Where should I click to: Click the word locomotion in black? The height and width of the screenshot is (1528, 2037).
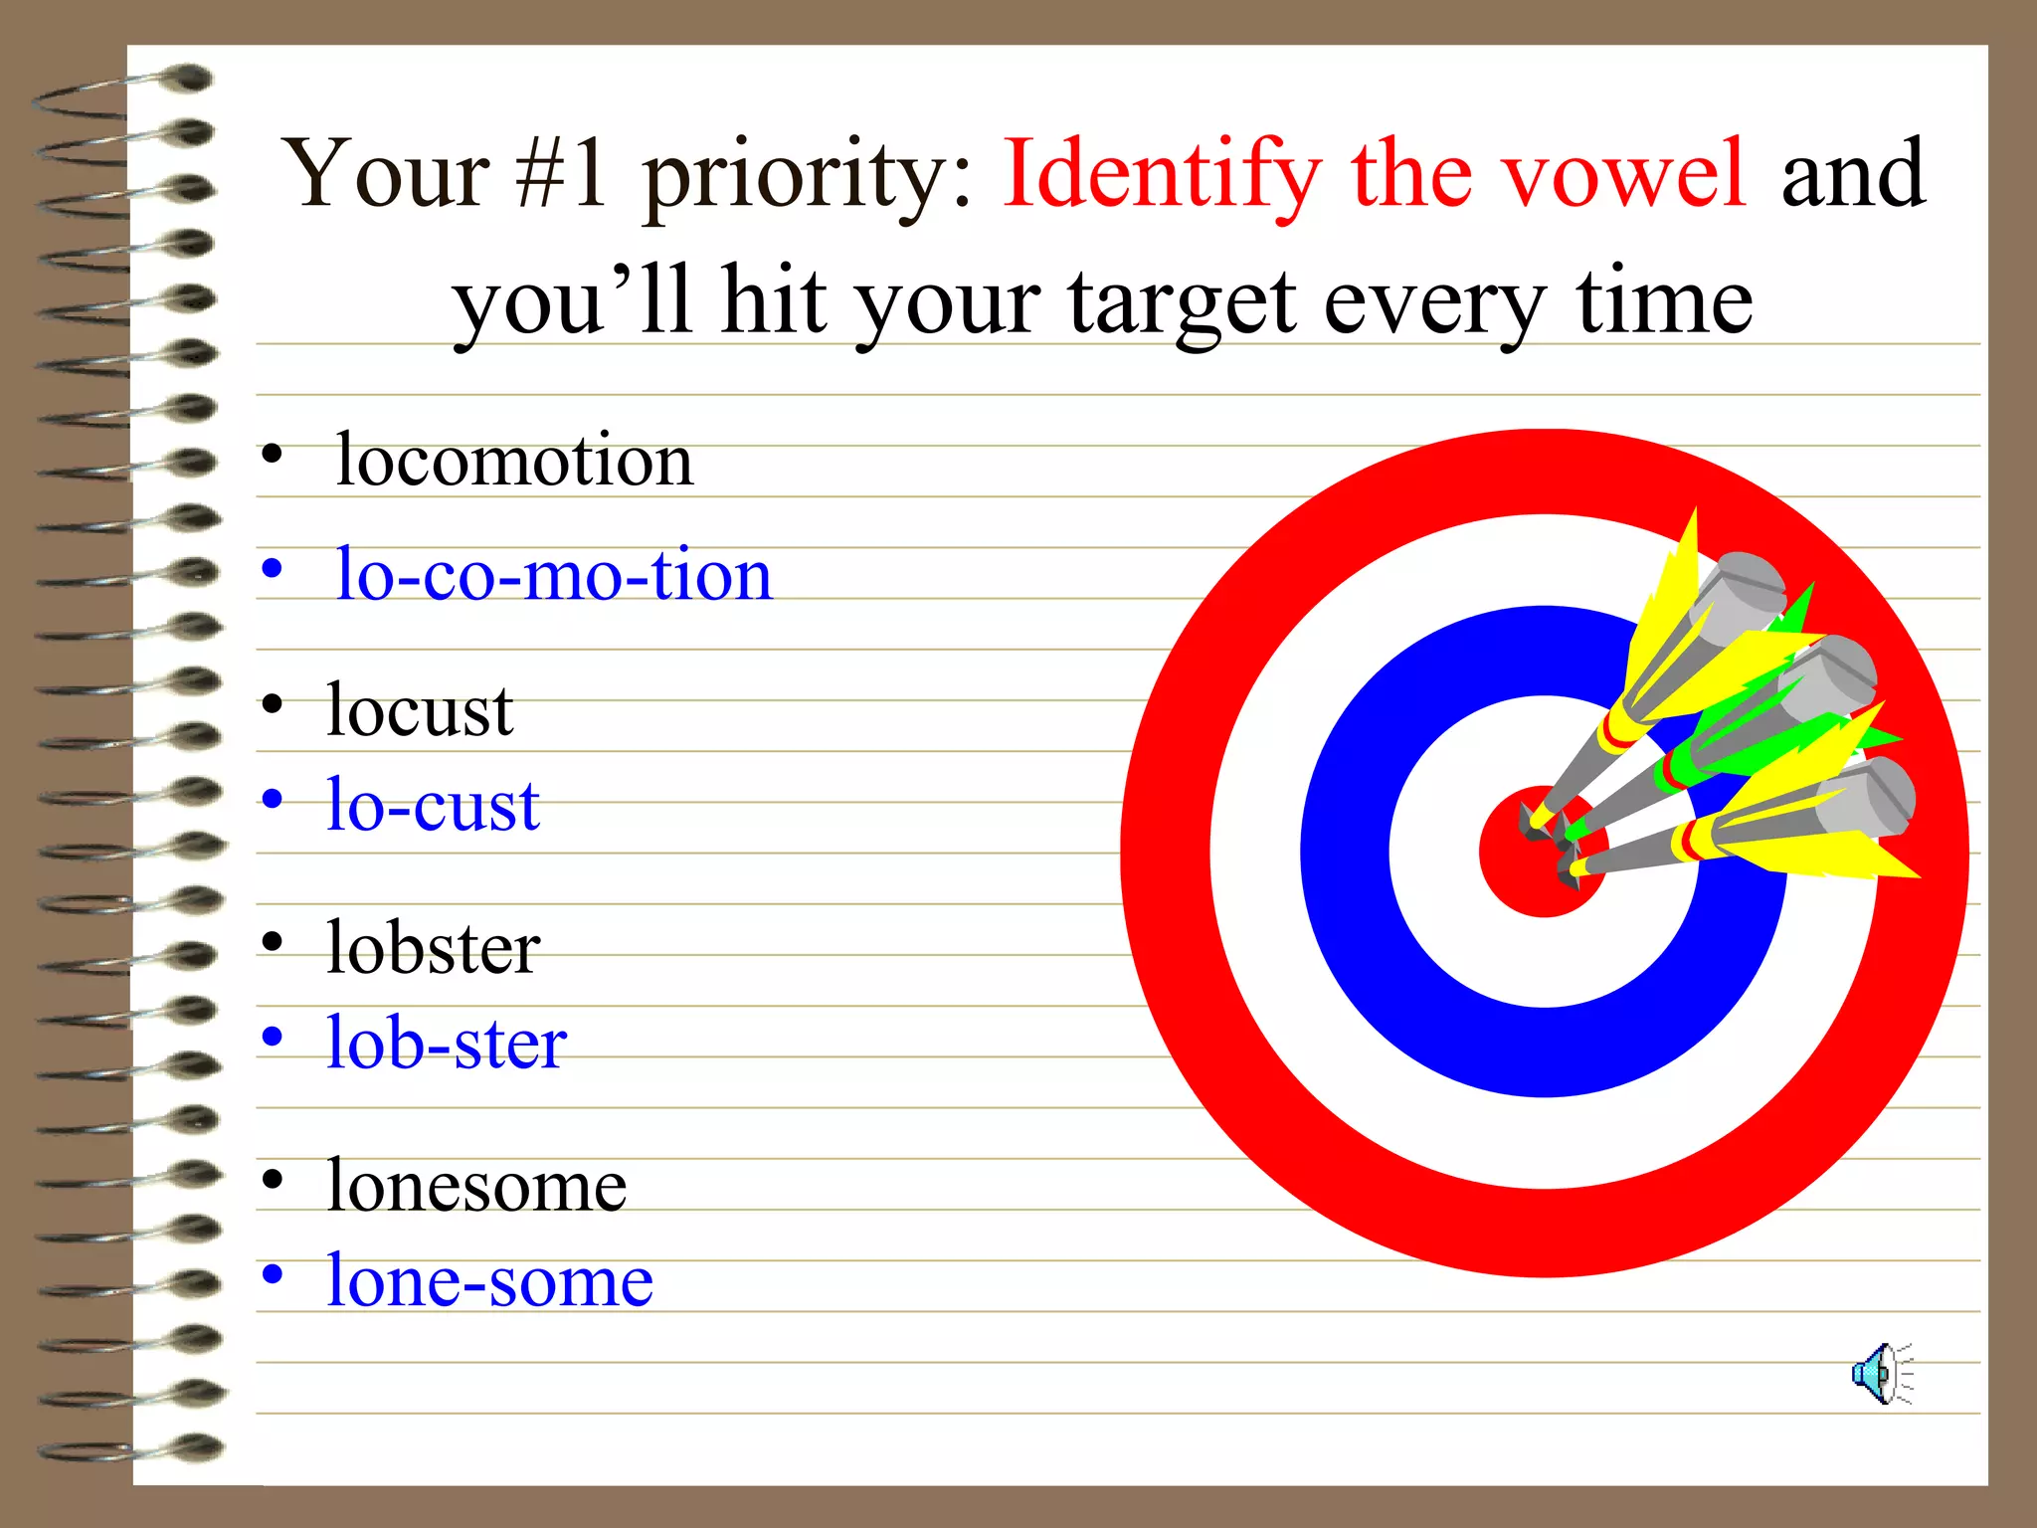pyautogui.click(x=513, y=461)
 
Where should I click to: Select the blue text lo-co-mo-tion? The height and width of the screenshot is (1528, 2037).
pyautogui.click(x=553, y=575)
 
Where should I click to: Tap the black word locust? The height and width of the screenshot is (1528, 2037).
pyautogui.click(x=420, y=710)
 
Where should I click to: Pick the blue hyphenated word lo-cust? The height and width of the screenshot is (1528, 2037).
pyautogui.click(x=433, y=805)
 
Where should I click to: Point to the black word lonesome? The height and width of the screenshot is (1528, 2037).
pyautogui.click(x=476, y=1186)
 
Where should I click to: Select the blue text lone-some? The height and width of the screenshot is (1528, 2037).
pyautogui.click(x=489, y=1280)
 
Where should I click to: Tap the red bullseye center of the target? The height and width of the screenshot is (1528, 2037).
pyautogui.click(x=1522, y=875)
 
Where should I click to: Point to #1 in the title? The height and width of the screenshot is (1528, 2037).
pyautogui.click(x=561, y=174)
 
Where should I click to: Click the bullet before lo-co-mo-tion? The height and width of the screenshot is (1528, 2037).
pyautogui.click(x=272, y=570)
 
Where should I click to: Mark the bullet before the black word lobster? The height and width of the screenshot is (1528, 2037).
pyautogui.click(x=272, y=940)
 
